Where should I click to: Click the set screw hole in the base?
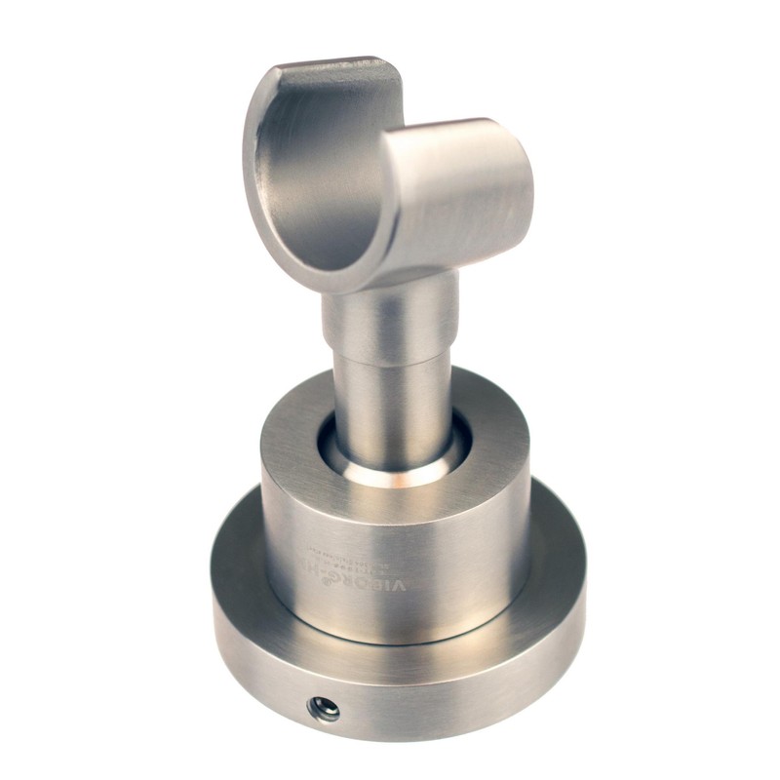323,710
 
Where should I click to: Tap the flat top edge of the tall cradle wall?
331,70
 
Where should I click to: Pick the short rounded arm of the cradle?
458,190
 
